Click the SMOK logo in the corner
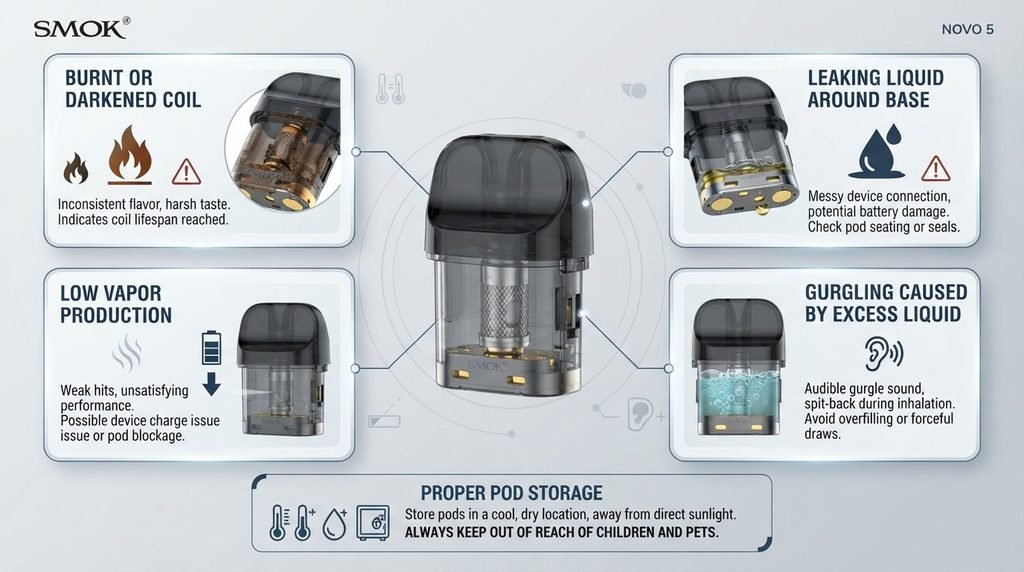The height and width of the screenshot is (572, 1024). pos(82,28)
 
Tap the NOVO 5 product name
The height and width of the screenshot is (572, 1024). pos(967,29)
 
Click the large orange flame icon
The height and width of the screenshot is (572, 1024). pos(130,155)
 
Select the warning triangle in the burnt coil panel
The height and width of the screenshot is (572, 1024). pos(186,171)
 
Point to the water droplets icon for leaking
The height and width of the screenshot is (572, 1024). pos(878,151)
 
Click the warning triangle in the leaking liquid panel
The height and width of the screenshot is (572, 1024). pos(936,168)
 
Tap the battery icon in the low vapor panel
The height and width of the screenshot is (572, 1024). pos(211,347)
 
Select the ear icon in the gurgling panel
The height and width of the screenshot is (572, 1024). pos(883,353)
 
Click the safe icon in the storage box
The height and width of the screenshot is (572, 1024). pos(373,522)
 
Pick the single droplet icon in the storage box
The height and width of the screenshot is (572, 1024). pos(334,524)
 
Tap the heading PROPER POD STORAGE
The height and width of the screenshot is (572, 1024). pos(511,492)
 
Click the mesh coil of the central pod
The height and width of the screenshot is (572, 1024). pos(504,305)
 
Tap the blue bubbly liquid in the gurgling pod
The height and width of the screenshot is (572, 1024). pos(737,395)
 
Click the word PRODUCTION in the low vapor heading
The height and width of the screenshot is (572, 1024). pos(116,315)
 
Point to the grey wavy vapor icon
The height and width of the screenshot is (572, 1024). pos(127,353)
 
